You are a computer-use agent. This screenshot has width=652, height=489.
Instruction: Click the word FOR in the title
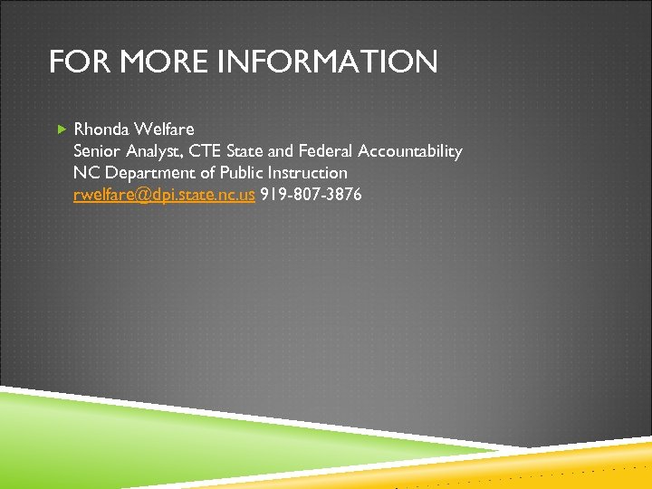coord(74,62)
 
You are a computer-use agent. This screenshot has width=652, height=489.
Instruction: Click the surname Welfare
coord(166,129)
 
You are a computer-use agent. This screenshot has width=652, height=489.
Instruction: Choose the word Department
coord(145,172)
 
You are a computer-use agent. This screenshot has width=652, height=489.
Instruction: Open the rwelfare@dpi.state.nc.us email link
coord(164,194)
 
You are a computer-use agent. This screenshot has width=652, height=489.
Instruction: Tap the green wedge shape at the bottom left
coord(136,435)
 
